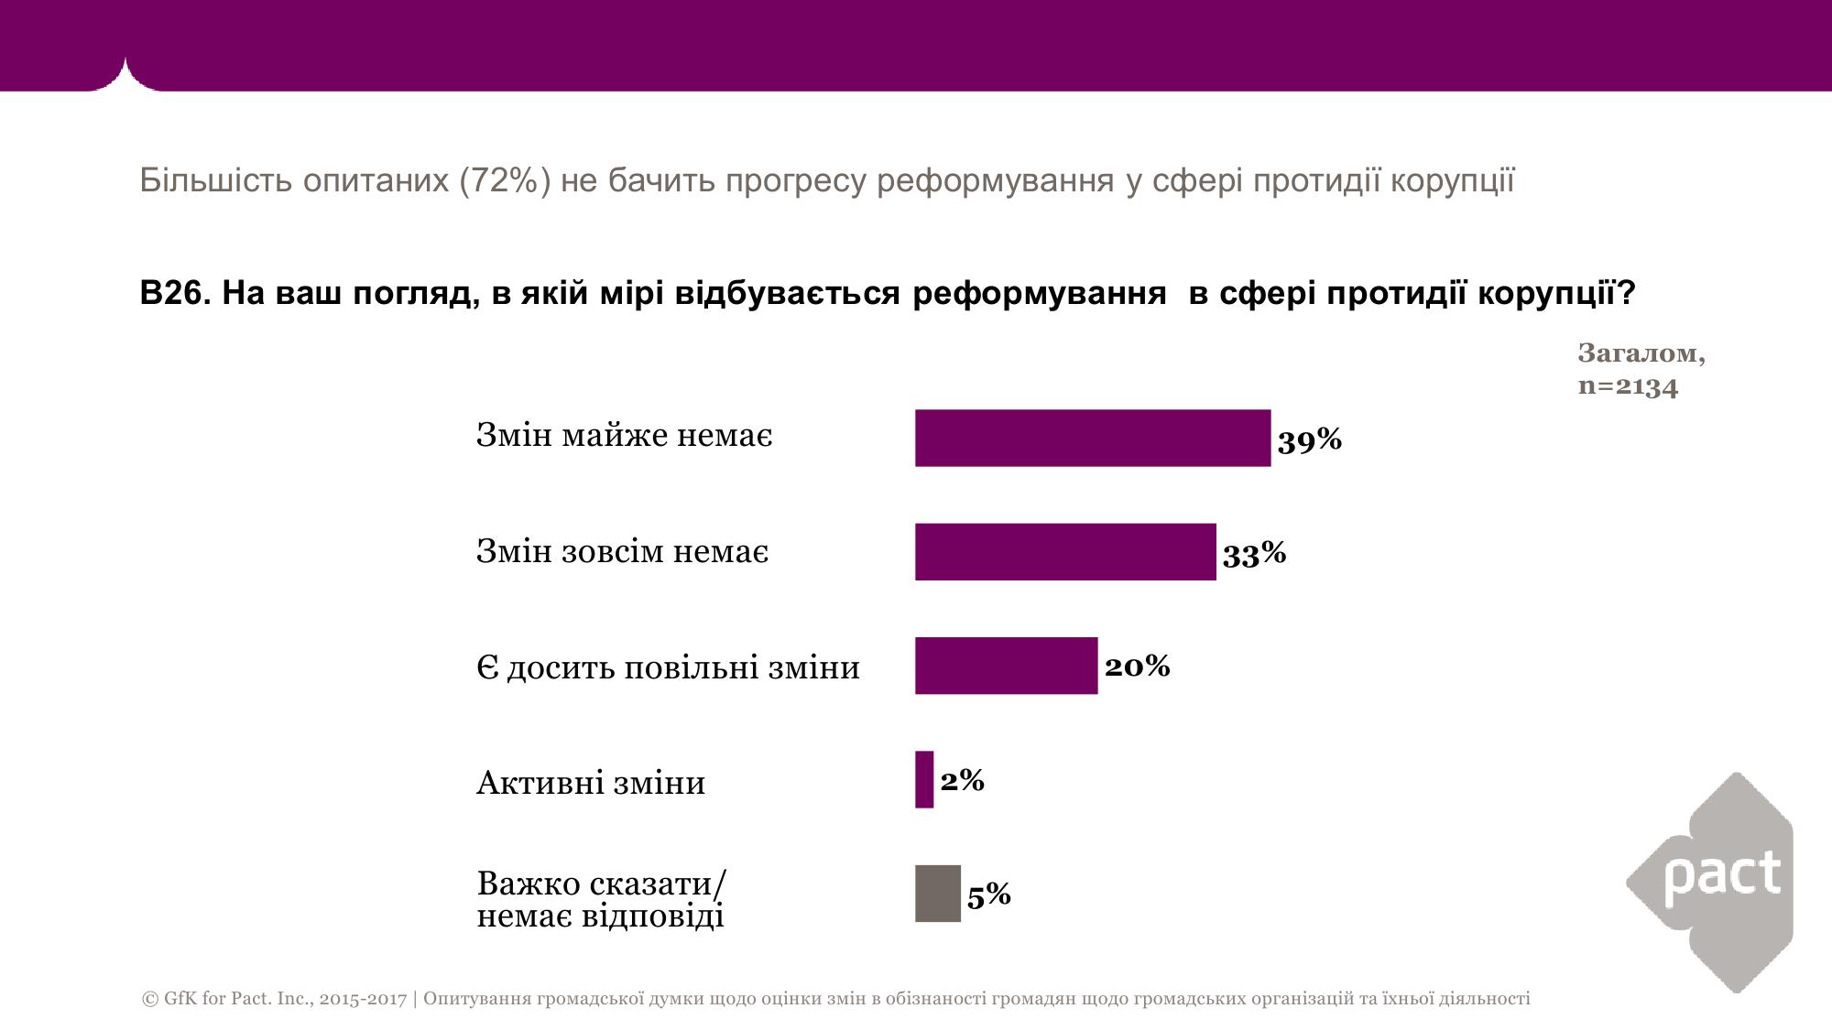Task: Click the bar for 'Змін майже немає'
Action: point(1092,438)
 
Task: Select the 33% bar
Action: point(1064,551)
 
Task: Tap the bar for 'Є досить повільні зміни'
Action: point(1006,666)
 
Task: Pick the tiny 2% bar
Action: point(924,779)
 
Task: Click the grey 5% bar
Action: point(937,893)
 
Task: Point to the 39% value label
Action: point(1309,440)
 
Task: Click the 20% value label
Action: point(1137,666)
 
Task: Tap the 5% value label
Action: point(988,894)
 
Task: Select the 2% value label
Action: point(962,780)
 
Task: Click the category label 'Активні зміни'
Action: point(591,783)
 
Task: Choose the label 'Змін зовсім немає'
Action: point(622,551)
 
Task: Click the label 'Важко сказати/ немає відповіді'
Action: point(601,899)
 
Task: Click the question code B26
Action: point(175,293)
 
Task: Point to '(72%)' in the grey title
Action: point(505,180)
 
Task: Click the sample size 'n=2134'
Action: point(1628,385)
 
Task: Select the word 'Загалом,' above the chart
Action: point(1641,353)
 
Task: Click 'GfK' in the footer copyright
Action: point(180,998)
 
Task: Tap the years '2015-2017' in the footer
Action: point(363,998)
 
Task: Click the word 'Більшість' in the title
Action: point(216,180)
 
